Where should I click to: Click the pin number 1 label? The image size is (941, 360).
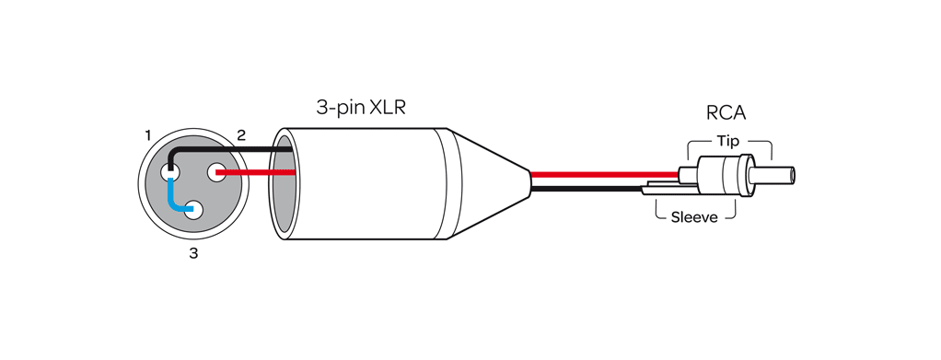147,135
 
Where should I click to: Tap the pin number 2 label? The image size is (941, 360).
241,135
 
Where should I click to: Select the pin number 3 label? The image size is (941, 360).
193,253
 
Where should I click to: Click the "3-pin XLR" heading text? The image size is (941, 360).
361,108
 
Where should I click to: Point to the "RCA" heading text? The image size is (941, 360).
726,113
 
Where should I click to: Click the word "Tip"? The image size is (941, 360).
727,142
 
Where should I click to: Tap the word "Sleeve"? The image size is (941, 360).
696,219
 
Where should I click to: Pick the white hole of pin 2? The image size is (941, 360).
219,171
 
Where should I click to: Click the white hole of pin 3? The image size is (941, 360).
195,210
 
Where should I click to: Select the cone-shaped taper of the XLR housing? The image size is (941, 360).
488,184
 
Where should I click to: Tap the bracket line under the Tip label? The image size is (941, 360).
729,153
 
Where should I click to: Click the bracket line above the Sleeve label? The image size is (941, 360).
696,206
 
